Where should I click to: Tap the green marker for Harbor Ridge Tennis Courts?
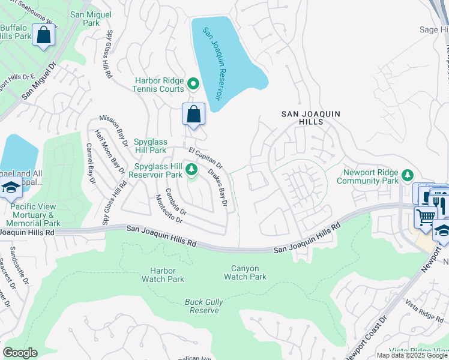pos(193,83)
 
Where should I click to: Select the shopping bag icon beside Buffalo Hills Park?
pos(44,35)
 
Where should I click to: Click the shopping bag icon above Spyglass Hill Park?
pos(193,114)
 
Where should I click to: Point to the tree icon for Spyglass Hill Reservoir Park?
pos(192,171)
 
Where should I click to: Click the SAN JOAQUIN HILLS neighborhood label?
pos(303,117)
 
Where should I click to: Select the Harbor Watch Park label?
pos(163,275)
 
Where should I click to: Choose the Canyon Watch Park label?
pos(245,272)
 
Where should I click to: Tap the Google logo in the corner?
pos(20,353)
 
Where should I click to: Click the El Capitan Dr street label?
pos(205,158)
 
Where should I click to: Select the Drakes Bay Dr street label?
pos(217,188)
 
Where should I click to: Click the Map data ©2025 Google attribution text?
pos(412,355)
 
